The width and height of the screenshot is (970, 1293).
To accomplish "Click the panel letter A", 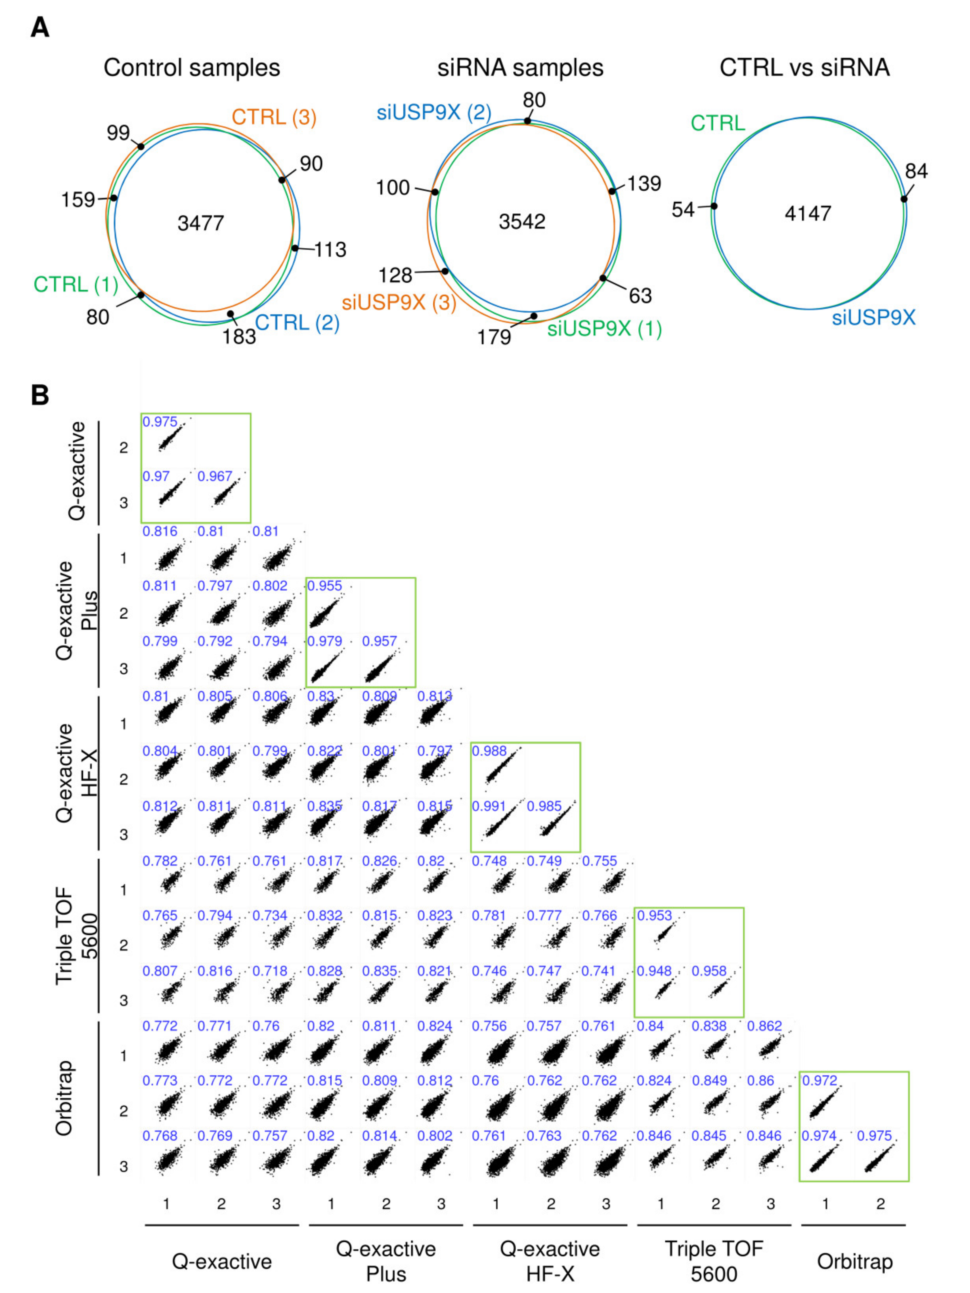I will click(x=40, y=27).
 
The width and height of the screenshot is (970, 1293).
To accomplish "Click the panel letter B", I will click(x=40, y=395).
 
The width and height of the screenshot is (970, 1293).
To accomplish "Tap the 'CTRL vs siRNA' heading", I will click(x=805, y=68).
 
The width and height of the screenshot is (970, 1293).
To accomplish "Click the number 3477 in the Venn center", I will click(x=200, y=223).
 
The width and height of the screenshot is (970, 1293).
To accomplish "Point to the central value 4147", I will click(x=808, y=213).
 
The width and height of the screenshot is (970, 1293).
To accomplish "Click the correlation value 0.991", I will click(x=489, y=806).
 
